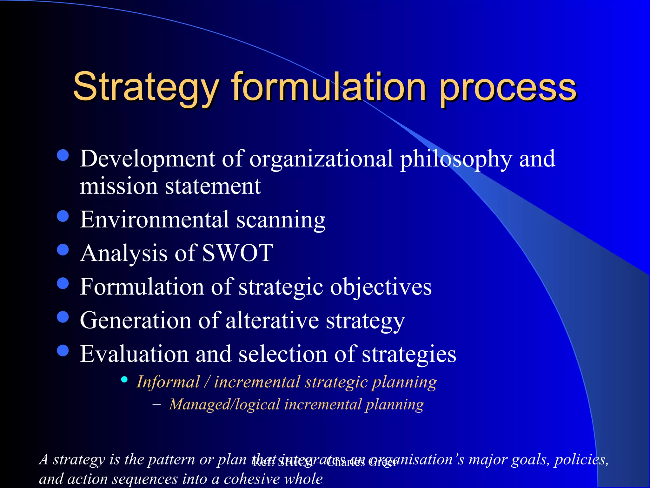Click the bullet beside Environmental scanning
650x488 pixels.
[63, 216]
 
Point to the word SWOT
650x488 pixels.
[237, 253]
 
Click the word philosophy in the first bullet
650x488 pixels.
[456, 159]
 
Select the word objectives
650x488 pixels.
[381, 287]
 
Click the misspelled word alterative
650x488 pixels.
[272, 320]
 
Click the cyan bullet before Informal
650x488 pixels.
[124, 379]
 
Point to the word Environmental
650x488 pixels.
[154, 220]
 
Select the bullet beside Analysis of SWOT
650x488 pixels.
[63, 250]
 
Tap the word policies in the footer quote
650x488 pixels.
[581, 460]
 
